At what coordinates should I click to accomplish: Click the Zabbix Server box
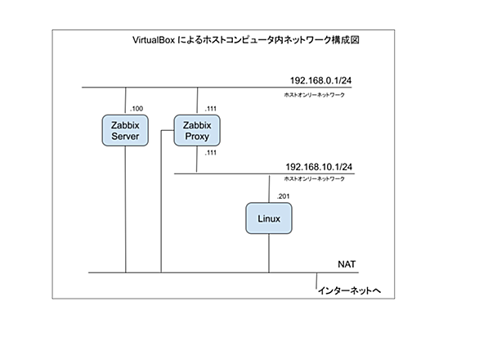(x=125, y=130)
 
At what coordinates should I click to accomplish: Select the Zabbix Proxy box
(x=197, y=130)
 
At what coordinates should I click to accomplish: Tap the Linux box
(x=269, y=218)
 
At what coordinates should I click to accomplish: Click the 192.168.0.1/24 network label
(x=320, y=80)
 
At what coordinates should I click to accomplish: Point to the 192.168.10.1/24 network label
(x=319, y=167)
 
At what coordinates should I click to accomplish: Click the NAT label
(x=347, y=264)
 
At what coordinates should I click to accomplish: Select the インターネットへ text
(x=350, y=290)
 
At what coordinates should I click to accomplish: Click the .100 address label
(x=137, y=109)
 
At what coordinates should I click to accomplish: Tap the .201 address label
(x=283, y=196)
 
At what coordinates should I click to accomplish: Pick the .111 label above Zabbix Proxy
(x=211, y=109)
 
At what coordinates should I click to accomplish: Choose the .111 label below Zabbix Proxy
(x=211, y=153)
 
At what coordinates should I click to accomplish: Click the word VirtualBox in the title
(x=154, y=40)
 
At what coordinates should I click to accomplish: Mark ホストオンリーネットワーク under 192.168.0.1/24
(x=315, y=95)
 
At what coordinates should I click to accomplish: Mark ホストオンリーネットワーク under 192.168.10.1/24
(x=315, y=178)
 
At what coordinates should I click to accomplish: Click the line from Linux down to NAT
(x=269, y=254)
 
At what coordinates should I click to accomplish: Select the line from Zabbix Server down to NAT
(x=125, y=209)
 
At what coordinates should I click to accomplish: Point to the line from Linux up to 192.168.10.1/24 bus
(x=269, y=189)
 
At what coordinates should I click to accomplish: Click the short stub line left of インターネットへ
(x=316, y=281)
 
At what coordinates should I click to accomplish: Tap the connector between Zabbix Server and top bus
(x=126, y=101)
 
